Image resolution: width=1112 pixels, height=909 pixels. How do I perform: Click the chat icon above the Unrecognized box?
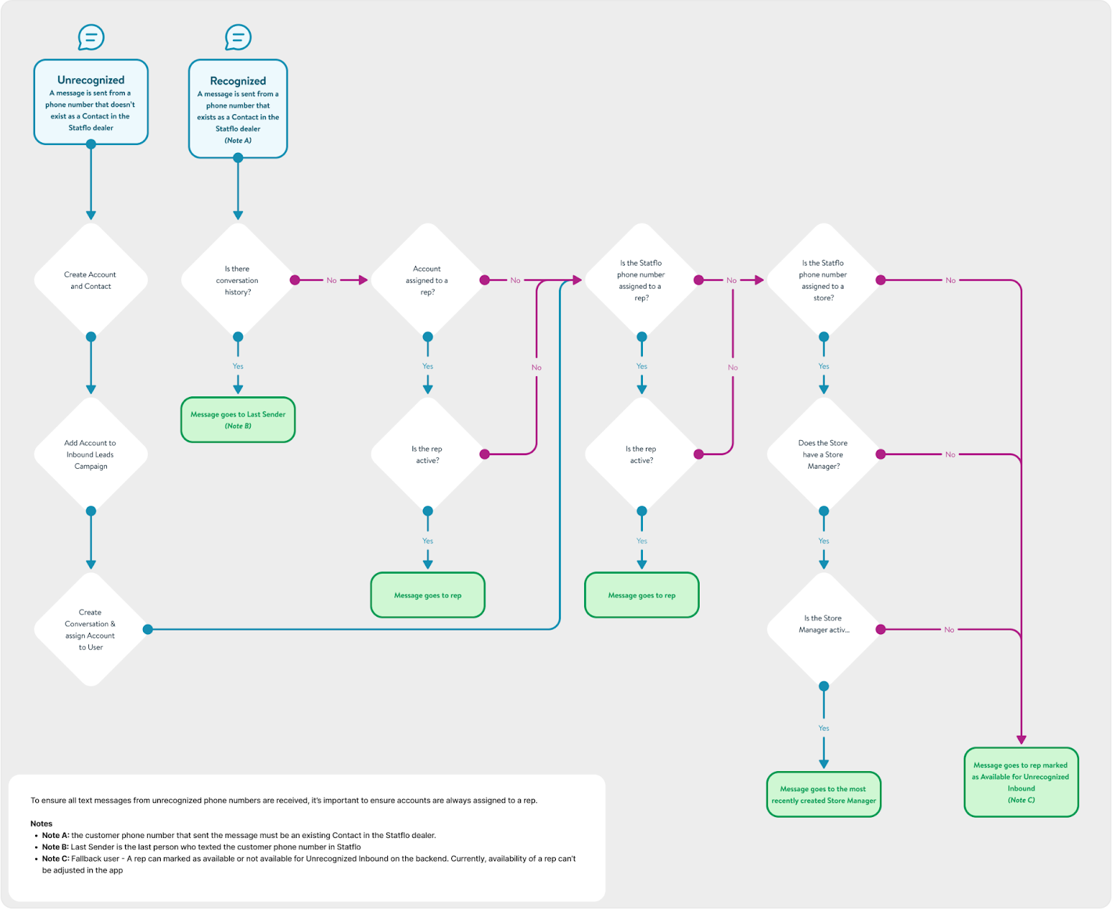pyautogui.click(x=91, y=37)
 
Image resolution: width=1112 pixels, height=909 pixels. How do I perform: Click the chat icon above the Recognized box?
pyautogui.click(x=238, y=37)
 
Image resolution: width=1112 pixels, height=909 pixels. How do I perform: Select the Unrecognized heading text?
pyautogui.click(x=91, y=80)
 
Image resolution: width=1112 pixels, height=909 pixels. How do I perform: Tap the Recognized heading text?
pyautogui.click(x=238, y=81)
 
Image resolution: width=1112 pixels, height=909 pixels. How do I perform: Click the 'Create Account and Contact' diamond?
pyautogui.click(x=91, y=280)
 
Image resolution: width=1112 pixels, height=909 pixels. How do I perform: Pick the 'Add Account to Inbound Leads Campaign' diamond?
pyautogui.click(x=91, y=454)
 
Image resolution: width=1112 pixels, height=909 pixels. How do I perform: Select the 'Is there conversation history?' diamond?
pyautogui.click(x=238, y=280)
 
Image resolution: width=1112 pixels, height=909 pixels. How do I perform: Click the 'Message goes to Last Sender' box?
pyautogui.click(x=238, y=420)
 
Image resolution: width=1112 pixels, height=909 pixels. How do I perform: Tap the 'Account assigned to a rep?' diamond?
pyautogui.click(x=427, y=280)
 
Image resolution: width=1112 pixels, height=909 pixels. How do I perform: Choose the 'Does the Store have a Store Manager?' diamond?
pyautogui.click(x=824, y=454)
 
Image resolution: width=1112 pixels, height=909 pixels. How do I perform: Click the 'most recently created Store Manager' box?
pyautogui.click(x=824, y=795)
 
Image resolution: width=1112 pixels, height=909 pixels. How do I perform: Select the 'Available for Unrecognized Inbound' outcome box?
pyautogui.click(x=1021, y=783)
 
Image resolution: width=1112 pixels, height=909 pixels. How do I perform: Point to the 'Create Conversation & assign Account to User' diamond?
pyautogui.click(x=91, y=629)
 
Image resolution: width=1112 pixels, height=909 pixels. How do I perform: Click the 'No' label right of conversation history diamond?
pyautogui.click(x=331, y=280)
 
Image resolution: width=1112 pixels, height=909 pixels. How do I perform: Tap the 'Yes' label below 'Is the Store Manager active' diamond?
pyautogui.click(x=824, y=728)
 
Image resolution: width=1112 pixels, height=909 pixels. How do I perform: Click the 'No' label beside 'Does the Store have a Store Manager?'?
pyautogui.click(x=950, y=454)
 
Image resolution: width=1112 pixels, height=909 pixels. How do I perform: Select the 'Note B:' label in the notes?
pyautogui.click(x=55, y=847)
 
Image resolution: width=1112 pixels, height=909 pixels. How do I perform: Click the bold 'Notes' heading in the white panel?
pyautogui.click(x=41, y=824)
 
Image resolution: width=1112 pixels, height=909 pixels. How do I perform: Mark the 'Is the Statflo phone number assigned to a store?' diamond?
pyautogui.click(x=824, y=280)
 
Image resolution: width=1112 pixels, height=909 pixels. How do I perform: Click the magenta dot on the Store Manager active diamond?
pyautogui.click(x=881, y=629)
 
